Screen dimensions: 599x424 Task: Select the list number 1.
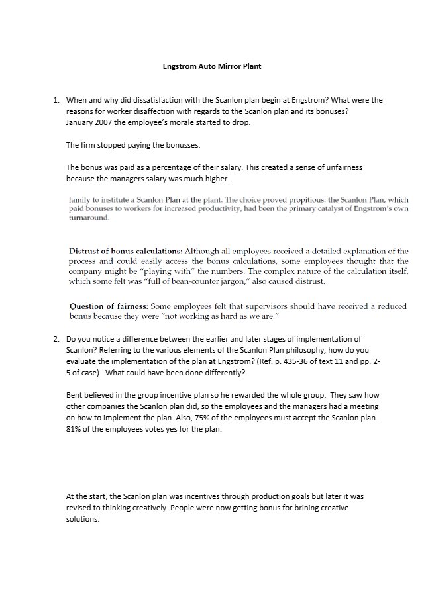pyautogui.click(x=56, y=100)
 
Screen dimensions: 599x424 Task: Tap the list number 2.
pyautogui.click(x=56, y=339)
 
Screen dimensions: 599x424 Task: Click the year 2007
pyautogui.click(x=106, y=122)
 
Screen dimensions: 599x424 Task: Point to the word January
pyautogui.click(x=80, y=122)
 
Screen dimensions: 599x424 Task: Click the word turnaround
pyautogui.click(x=89, y=218)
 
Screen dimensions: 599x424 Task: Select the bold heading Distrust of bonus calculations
pyautogui.click(x=125, y=252)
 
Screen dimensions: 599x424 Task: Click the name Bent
pyautogui.click(x=74, y=395)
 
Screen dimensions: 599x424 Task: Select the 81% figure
pyautogui.click(x=74, y=429)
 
